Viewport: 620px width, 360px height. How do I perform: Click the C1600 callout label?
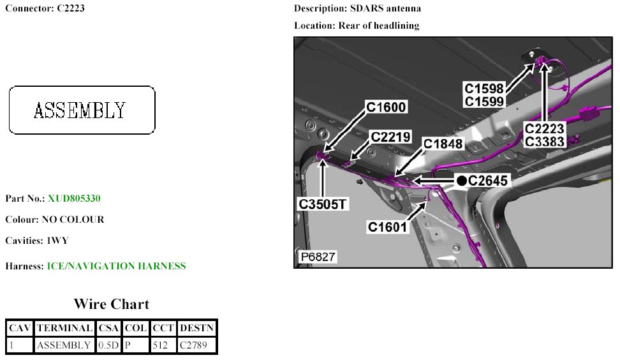coord(387,107)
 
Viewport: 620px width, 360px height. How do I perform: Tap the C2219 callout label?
coord(391,137)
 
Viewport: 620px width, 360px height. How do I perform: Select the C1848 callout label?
coord(443,144)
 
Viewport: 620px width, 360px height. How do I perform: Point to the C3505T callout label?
coord(324,204)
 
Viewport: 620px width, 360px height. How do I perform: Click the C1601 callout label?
coord(387,227)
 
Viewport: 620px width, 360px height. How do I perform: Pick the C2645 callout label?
coord(488,181)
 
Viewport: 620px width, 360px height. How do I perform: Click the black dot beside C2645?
coord(461,181)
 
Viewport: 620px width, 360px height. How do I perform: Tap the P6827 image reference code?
coord(318,257)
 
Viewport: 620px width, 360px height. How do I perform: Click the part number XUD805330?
coord(74,199)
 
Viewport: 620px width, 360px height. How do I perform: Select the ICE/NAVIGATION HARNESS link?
coord(117,266)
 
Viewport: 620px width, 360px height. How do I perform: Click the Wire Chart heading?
coord(112,304)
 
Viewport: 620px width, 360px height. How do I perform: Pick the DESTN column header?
coord(197,328)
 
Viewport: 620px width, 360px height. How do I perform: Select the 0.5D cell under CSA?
coord(109,345)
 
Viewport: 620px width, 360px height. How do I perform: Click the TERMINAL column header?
coord(64,328)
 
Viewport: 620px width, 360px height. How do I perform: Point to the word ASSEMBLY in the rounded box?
coord(80,110)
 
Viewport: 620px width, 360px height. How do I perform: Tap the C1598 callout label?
coord(484,88)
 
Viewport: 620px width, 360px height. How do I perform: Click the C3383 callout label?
coord(545,141)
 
